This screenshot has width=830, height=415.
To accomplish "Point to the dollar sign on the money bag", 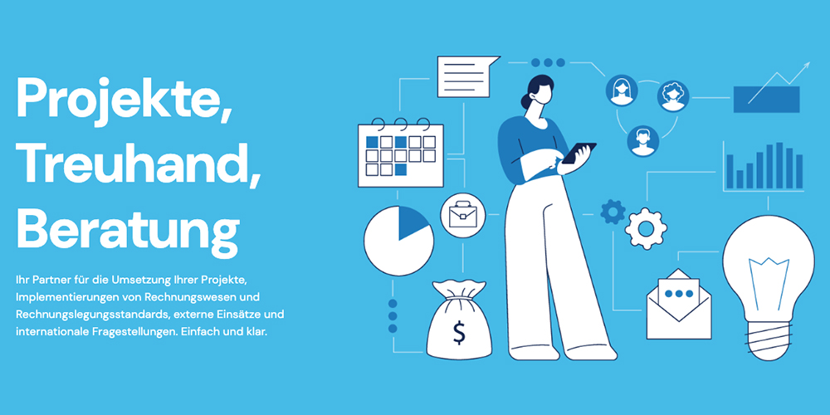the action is coord(458,333).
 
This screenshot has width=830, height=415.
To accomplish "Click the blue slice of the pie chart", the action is coord(413,222).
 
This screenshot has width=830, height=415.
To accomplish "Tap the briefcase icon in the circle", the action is coord(462,215).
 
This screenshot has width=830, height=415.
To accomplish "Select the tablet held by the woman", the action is coord(579,153).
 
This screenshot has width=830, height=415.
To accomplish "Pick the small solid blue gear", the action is coord(613,212).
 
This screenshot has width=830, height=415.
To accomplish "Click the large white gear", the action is coord(646,228).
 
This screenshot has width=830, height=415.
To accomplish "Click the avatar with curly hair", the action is coord(673,96).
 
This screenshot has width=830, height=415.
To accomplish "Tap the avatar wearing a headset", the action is coord(643,141).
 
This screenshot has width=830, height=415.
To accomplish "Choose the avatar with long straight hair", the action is coord(622,90).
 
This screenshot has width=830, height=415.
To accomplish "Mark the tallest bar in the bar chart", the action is coord(779,165).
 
